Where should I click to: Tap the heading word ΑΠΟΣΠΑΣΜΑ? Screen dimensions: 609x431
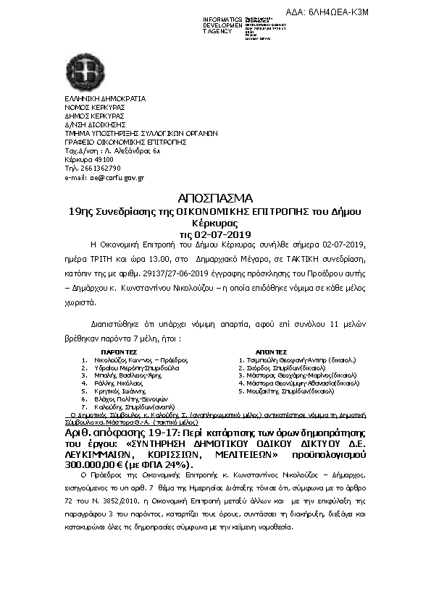click(214, 198)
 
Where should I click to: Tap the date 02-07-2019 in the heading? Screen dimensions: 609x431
click(221, 234)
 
